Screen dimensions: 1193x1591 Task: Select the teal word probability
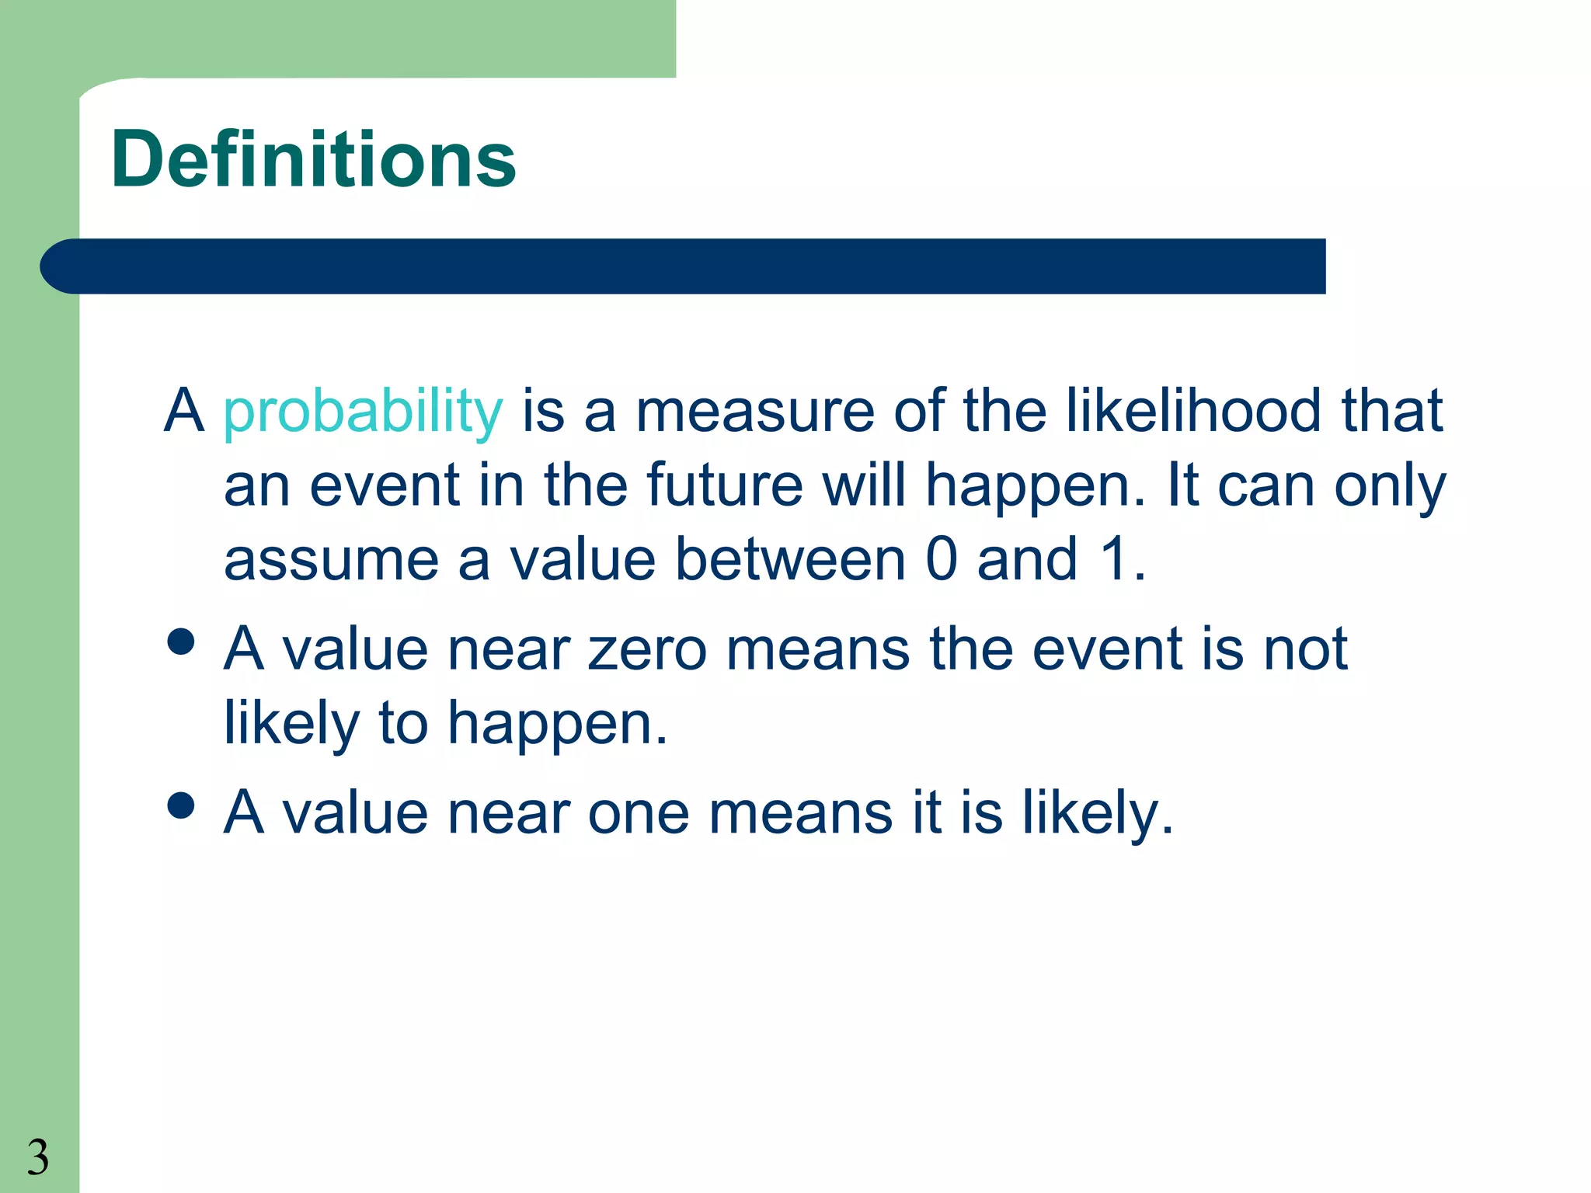(x=363, y=412)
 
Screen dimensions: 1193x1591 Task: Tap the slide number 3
(x=37, y=1157)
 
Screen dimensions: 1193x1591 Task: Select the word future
(x=724, y=485)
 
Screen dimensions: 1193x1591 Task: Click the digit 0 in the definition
(x=942, y=559)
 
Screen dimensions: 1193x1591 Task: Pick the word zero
(x=647, y=649)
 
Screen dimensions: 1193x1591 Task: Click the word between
(x=790, y=559)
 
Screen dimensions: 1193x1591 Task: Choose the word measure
(x=754, y=412)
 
